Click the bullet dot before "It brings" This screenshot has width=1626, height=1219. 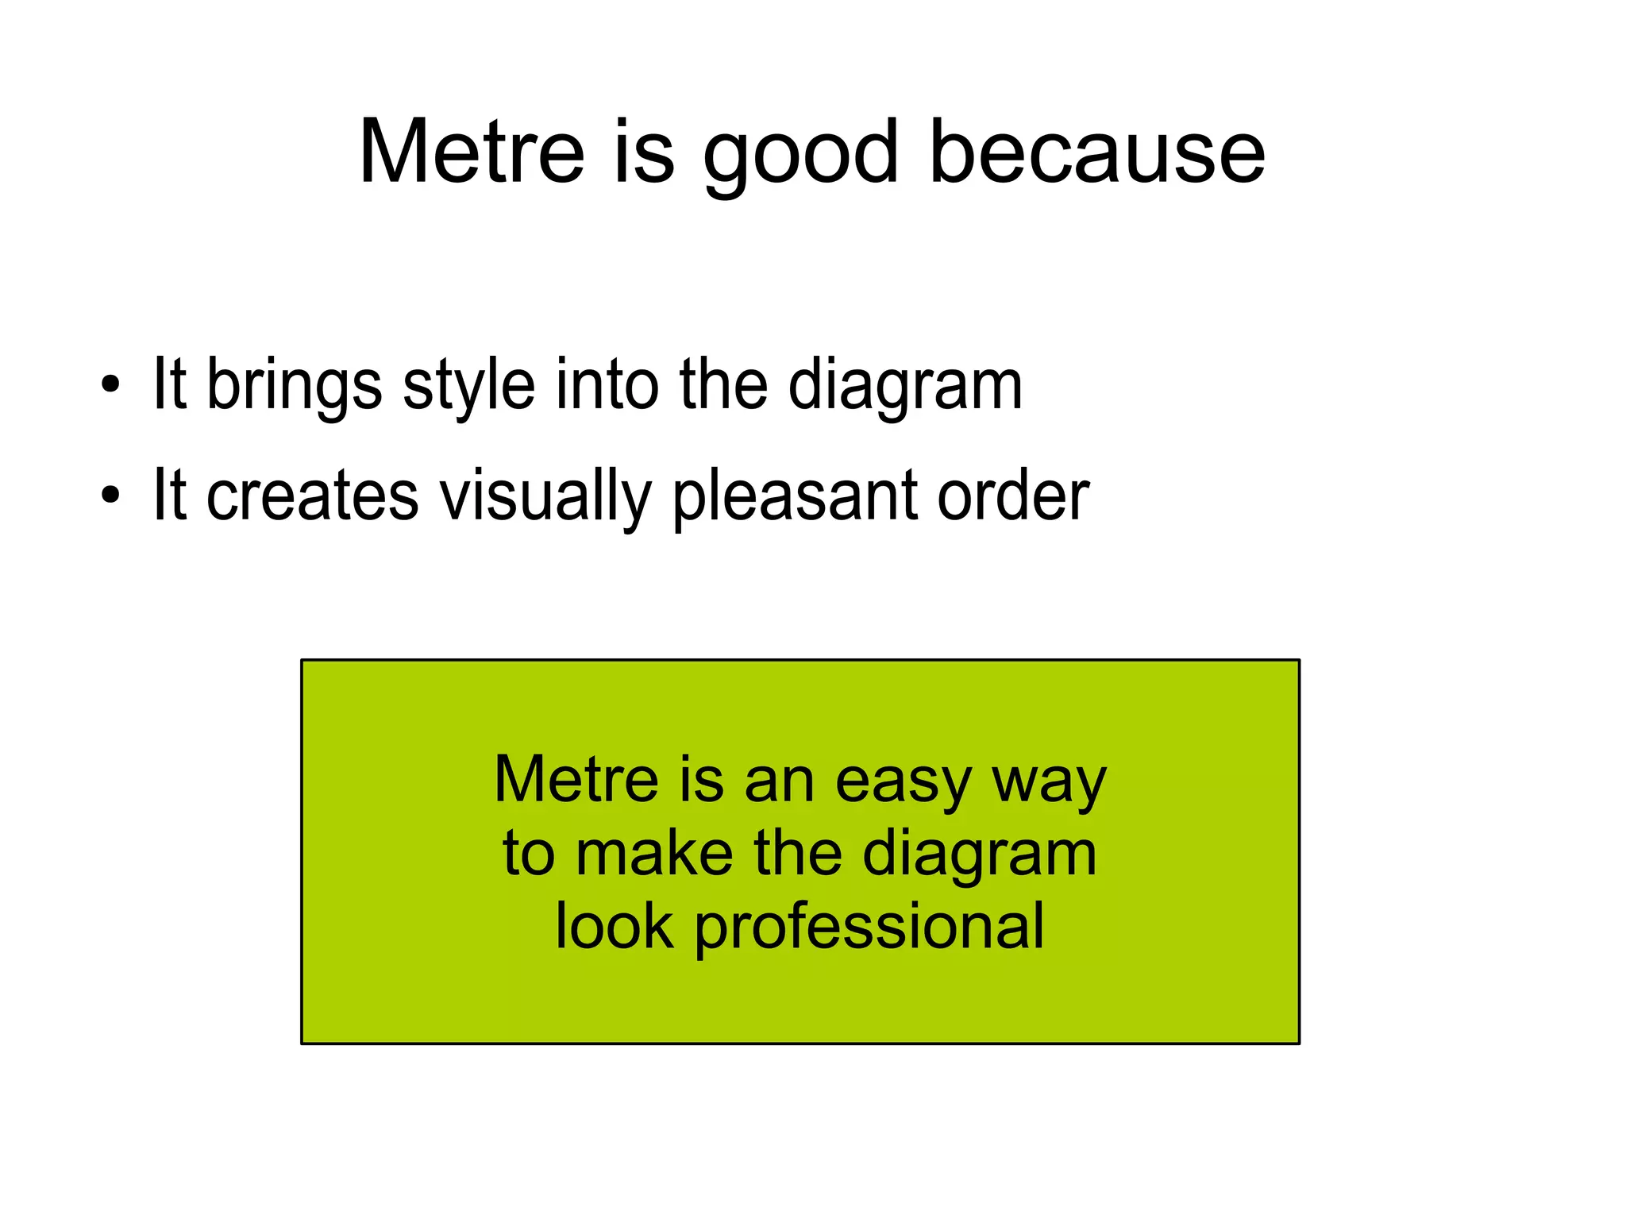pyautogui.click(x=110, y=386)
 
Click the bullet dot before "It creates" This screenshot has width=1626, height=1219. pyautogui.click(x=110, y=496)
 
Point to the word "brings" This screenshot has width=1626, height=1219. pyautogui.click(x=294, y=387)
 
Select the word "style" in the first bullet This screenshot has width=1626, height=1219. pyautogui.click(x=468, y=387)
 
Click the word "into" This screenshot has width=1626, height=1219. pyautogui.click(x=607, y=385)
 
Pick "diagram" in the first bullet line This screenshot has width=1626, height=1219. pyautogui.click(x=904, y=387)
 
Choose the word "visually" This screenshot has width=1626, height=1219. pyautogui.click(x=545, y=497)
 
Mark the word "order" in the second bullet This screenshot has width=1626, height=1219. pyautogui.click(x=1013, y=496)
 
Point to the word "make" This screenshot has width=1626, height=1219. pyautogui.click(x=653, y=854)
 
